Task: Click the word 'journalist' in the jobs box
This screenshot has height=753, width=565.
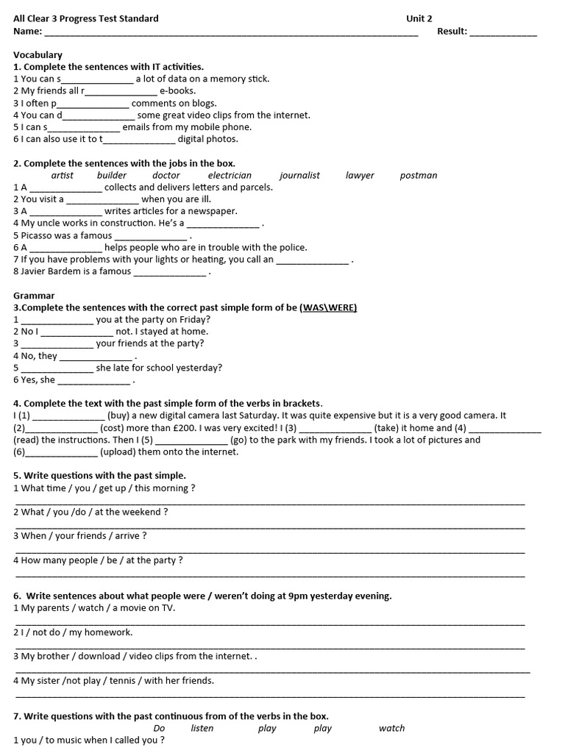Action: (x=299, y=175)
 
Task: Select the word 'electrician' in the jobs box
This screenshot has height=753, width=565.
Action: (x=230, y=175)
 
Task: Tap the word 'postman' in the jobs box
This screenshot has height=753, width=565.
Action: (x=419, y=175)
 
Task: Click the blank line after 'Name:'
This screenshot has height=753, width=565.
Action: (x=231, y=33)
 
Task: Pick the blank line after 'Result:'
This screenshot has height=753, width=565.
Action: (x=503, y=33)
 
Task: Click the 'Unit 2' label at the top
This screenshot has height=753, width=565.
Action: (x=419, y=19)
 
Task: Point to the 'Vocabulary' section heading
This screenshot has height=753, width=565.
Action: (x=38, y=55)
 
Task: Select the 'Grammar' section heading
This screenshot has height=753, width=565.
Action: (x=34, y=296)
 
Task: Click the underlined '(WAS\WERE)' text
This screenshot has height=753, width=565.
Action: (x=328, y=307)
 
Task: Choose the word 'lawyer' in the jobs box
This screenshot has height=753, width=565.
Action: (x=360, y=175)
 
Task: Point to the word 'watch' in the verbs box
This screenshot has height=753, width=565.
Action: (x=391, y=728)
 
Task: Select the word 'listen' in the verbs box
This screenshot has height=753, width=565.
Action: (x=202, y=728)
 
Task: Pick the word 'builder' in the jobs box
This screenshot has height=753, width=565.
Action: (x=112, y=175)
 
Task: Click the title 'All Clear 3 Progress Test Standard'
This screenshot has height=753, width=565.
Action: (x=86, y=19)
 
